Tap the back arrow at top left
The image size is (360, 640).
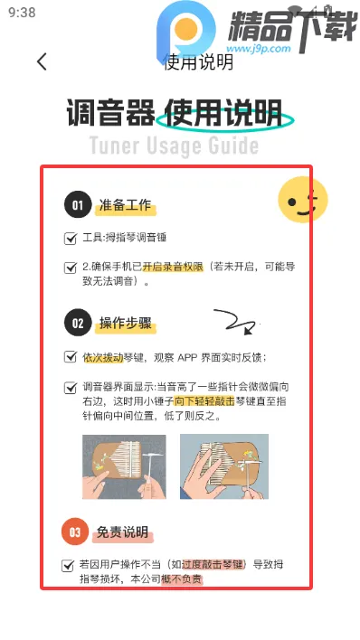pyautogui.click(x=41, y=61)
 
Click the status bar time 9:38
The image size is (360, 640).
pyautogui.click(x=21, y=13)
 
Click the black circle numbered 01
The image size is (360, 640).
pyautogui.click(x=78, y=205)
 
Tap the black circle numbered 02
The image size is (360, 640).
pyautogui.click(x=78, y=323)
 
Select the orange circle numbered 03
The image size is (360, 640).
pyautogui.click(x=76, y=532)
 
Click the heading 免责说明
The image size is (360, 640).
pyautogui.click(x=123, y=533)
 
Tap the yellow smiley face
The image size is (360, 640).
pyautogui.click(x=301, y=200)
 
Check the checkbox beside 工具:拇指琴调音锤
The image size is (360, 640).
pyautogui.click(x=71, y=239)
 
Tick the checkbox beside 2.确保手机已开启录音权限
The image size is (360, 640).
pyautogui.click(x=71, y=268)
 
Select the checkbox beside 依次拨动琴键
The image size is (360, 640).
pyautogui.click(x=71, y=357)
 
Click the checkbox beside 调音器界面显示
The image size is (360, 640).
pyautogui.click(x=71, y=387)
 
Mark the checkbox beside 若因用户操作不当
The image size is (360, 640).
pyautogui.click(x=68, y=565)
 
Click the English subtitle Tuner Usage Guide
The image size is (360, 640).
pyautogui.click(x=174, y=146)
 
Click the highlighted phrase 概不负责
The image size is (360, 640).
pyautogui.click(x=182, y=579)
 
